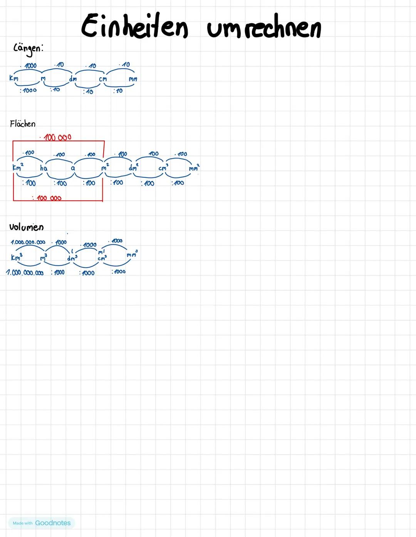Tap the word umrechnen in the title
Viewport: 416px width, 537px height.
[x=264, y=29]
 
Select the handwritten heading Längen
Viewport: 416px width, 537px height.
[x=28, y=49]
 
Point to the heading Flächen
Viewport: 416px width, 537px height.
[x=23, y=124]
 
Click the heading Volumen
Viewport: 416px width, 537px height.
[x=26, y=227]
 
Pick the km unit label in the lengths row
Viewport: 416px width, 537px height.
[x=13, y=78]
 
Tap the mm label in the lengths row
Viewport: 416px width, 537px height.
[x=133, y=79]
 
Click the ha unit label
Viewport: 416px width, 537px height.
[x=44, y=168]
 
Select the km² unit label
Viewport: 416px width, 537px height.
[x=17, y=167]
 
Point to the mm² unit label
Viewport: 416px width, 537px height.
[x=194, y=168]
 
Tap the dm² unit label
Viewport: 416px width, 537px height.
[x=133, y=167]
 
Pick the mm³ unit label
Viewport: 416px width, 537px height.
[x=132, y=254]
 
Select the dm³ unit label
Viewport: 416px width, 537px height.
[x=72, y=258]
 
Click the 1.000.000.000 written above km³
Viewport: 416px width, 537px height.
[x=28, y=242]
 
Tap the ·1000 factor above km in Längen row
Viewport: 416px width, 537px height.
[x=30, y=66]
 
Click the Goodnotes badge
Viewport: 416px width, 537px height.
[x=42, y=523]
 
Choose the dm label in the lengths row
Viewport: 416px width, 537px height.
[x=72, y=79]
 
